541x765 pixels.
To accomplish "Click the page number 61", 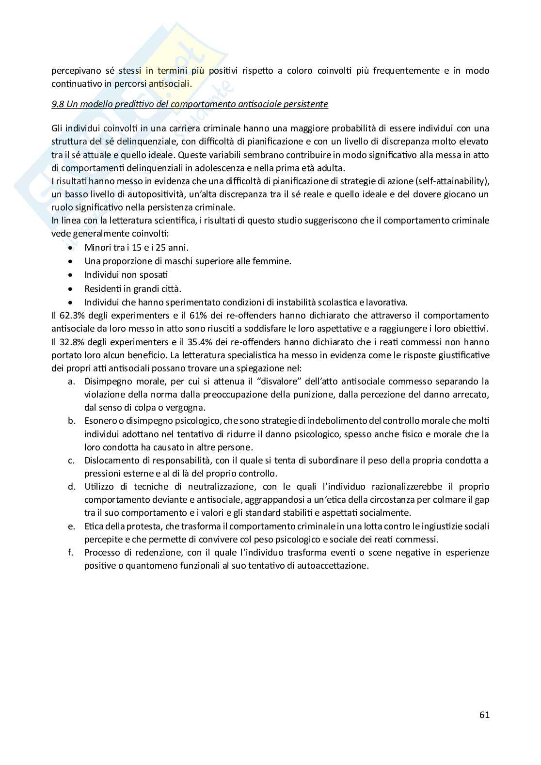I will click(x=484, y=715).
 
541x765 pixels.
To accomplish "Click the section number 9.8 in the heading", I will click(x=58, y=104).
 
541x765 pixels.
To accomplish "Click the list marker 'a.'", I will click(x=71, y=381).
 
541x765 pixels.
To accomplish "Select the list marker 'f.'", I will click(x=71, y=552).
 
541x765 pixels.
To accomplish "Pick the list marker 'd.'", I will click(x=71, y=486).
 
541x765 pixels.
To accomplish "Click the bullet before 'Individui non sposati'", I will click(x=71, y=275).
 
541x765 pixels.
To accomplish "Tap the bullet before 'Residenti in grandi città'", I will click(x=71, y=288).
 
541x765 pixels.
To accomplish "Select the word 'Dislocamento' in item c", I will click(x=109, y=460).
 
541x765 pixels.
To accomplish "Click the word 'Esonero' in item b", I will click(x=100, y=420).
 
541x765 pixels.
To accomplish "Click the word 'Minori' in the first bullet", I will click(x=97, y=247).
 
